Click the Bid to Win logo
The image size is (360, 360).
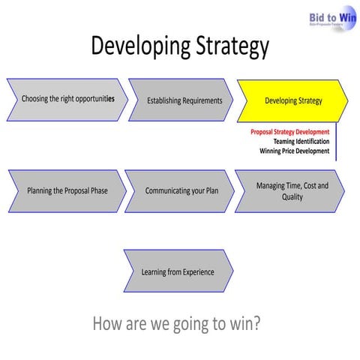click(331, 17)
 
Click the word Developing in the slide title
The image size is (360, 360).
click(136, 46)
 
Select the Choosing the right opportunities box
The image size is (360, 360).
click(67, 100)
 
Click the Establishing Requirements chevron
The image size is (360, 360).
click(184, 100)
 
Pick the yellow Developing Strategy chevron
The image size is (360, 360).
click(292, 100)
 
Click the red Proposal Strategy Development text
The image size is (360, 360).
click(289, 132)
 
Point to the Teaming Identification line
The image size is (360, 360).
click(300, 142)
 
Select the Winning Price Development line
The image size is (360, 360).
click(294, 151)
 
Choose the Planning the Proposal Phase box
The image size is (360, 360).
click(67, 190)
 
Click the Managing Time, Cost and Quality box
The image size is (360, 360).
click(291, 191)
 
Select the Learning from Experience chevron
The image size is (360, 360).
click(178, 271)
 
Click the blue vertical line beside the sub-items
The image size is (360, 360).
click(335, 142)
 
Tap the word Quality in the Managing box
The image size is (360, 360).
click(292, 197)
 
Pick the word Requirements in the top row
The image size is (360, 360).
click(201, 100)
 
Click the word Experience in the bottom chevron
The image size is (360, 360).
click(193, 271)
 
